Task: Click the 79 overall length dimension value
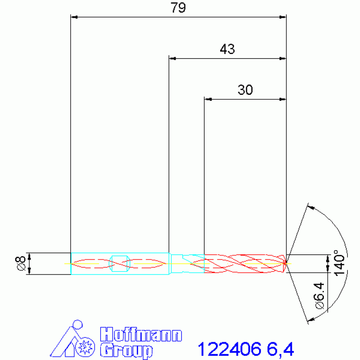pos(178,8)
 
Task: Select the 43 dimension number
pos(227,49)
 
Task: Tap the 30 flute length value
pos(245,90)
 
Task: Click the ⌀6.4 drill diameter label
pos(319,296)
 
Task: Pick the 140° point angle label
pos(339,263)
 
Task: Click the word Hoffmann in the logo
pos(141,334)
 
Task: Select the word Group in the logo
pos(126,351)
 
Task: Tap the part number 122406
pos(230,349)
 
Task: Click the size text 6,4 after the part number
pos(280,350)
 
